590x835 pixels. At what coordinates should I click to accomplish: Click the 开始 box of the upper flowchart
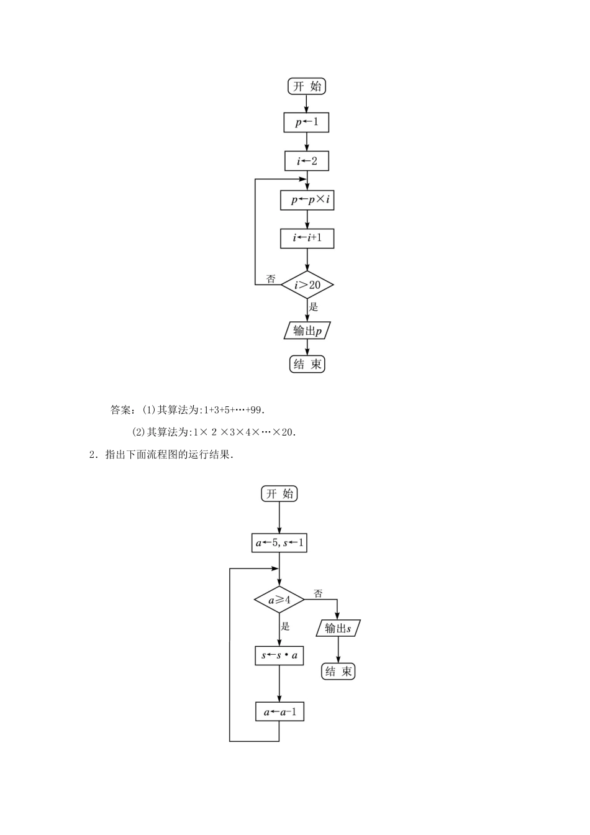[x=307, y=86]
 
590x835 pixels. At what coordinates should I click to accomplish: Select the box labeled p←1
[x=306, y=122]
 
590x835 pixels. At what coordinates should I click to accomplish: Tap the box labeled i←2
[x=307, y=161]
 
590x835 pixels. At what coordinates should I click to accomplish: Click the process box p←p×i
[x=307, y=200]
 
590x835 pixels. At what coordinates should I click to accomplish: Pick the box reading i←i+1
[x=307, y=238]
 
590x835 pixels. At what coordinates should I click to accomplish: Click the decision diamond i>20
[x=307, y=285]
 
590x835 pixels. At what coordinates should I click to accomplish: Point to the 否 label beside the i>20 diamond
[x=271, y=279]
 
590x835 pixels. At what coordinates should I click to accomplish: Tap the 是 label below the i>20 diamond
[x=314, y=307]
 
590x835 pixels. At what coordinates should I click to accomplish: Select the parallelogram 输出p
[x=307, y=331]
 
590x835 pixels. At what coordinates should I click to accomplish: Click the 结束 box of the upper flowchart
[x=307, y=364]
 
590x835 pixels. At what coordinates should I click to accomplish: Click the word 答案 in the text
[x=120, y=410]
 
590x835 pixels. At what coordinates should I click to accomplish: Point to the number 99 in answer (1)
[x=258, y=410]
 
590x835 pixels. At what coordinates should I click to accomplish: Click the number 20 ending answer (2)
[x=286, y=432]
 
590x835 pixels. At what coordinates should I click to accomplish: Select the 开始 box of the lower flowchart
[x=279, y=494]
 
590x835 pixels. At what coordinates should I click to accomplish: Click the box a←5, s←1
[x=279, y=543]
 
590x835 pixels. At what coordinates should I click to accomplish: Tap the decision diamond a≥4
[x=279, y=601]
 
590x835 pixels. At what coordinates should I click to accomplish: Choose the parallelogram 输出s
[x=338, y=628]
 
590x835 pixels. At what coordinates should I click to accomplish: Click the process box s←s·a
[x=279, y=655]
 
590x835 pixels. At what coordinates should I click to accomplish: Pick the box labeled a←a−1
[x=279, y=712]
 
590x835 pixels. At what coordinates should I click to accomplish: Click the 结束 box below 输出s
[x=338, y=672]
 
